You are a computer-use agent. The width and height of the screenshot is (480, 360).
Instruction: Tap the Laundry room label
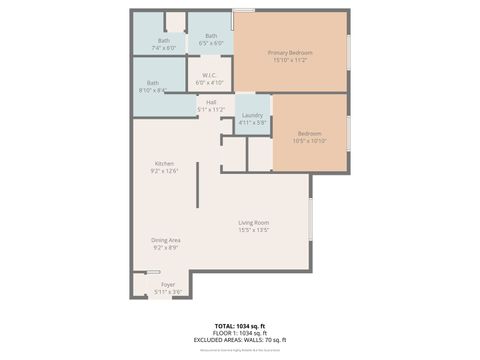252,116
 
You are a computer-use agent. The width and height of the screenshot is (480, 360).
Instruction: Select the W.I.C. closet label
210,75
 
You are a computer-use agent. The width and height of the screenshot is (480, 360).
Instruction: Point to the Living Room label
253,222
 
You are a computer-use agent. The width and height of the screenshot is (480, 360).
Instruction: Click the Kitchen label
164,163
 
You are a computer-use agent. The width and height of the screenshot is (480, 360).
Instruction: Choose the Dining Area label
165,240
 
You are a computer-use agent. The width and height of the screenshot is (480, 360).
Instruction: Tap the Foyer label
167,284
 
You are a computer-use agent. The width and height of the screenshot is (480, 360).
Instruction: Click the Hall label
211,102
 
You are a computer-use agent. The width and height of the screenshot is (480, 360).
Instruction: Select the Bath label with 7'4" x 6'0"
163,40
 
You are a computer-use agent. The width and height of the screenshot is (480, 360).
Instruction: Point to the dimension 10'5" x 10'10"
309,140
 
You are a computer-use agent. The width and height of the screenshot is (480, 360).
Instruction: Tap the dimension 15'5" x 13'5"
253,230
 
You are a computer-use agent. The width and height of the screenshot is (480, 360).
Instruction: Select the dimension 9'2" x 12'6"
164,171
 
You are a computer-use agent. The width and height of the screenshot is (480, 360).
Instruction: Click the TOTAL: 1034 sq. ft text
239,327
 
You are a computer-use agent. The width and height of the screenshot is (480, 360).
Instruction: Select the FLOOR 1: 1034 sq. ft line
239,334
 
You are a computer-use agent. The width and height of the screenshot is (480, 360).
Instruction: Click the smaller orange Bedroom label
309,132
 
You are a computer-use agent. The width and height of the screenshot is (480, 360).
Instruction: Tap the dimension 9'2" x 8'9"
165,247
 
